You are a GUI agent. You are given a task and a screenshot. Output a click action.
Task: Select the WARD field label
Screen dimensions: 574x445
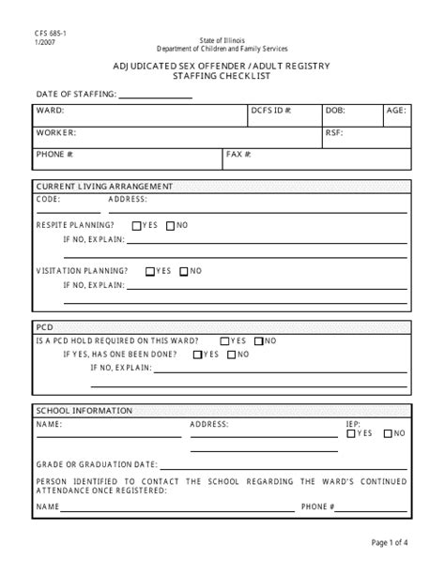51,111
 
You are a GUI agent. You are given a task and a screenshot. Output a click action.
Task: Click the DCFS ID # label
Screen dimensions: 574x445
271,111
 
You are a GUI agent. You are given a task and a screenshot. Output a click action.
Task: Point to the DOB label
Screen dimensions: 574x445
335,111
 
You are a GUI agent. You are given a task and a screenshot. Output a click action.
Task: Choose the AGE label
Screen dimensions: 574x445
396,111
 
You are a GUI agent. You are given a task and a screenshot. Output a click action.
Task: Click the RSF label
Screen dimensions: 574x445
334,133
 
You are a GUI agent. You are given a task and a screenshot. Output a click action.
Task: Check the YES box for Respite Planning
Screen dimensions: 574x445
137,225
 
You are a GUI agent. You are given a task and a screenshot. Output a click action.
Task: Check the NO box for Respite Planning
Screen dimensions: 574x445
170,225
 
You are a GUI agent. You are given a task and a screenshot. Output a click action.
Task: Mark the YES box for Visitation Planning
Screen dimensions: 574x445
150,271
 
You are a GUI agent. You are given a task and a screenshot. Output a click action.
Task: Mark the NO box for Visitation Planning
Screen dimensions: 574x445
184,271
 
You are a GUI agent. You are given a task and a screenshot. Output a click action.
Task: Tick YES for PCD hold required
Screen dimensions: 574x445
224,340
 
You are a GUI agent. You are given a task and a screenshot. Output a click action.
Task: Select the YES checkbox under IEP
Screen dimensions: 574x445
351,433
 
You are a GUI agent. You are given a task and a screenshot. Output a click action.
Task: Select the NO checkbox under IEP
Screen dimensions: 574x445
386,433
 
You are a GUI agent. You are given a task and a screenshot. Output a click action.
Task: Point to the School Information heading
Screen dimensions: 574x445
84,410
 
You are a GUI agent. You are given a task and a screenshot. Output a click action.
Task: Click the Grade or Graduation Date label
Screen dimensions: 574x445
96,464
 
